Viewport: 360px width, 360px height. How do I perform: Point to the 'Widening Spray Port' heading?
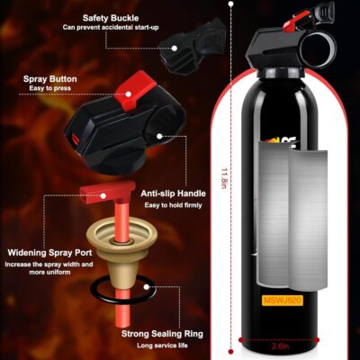46,253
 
